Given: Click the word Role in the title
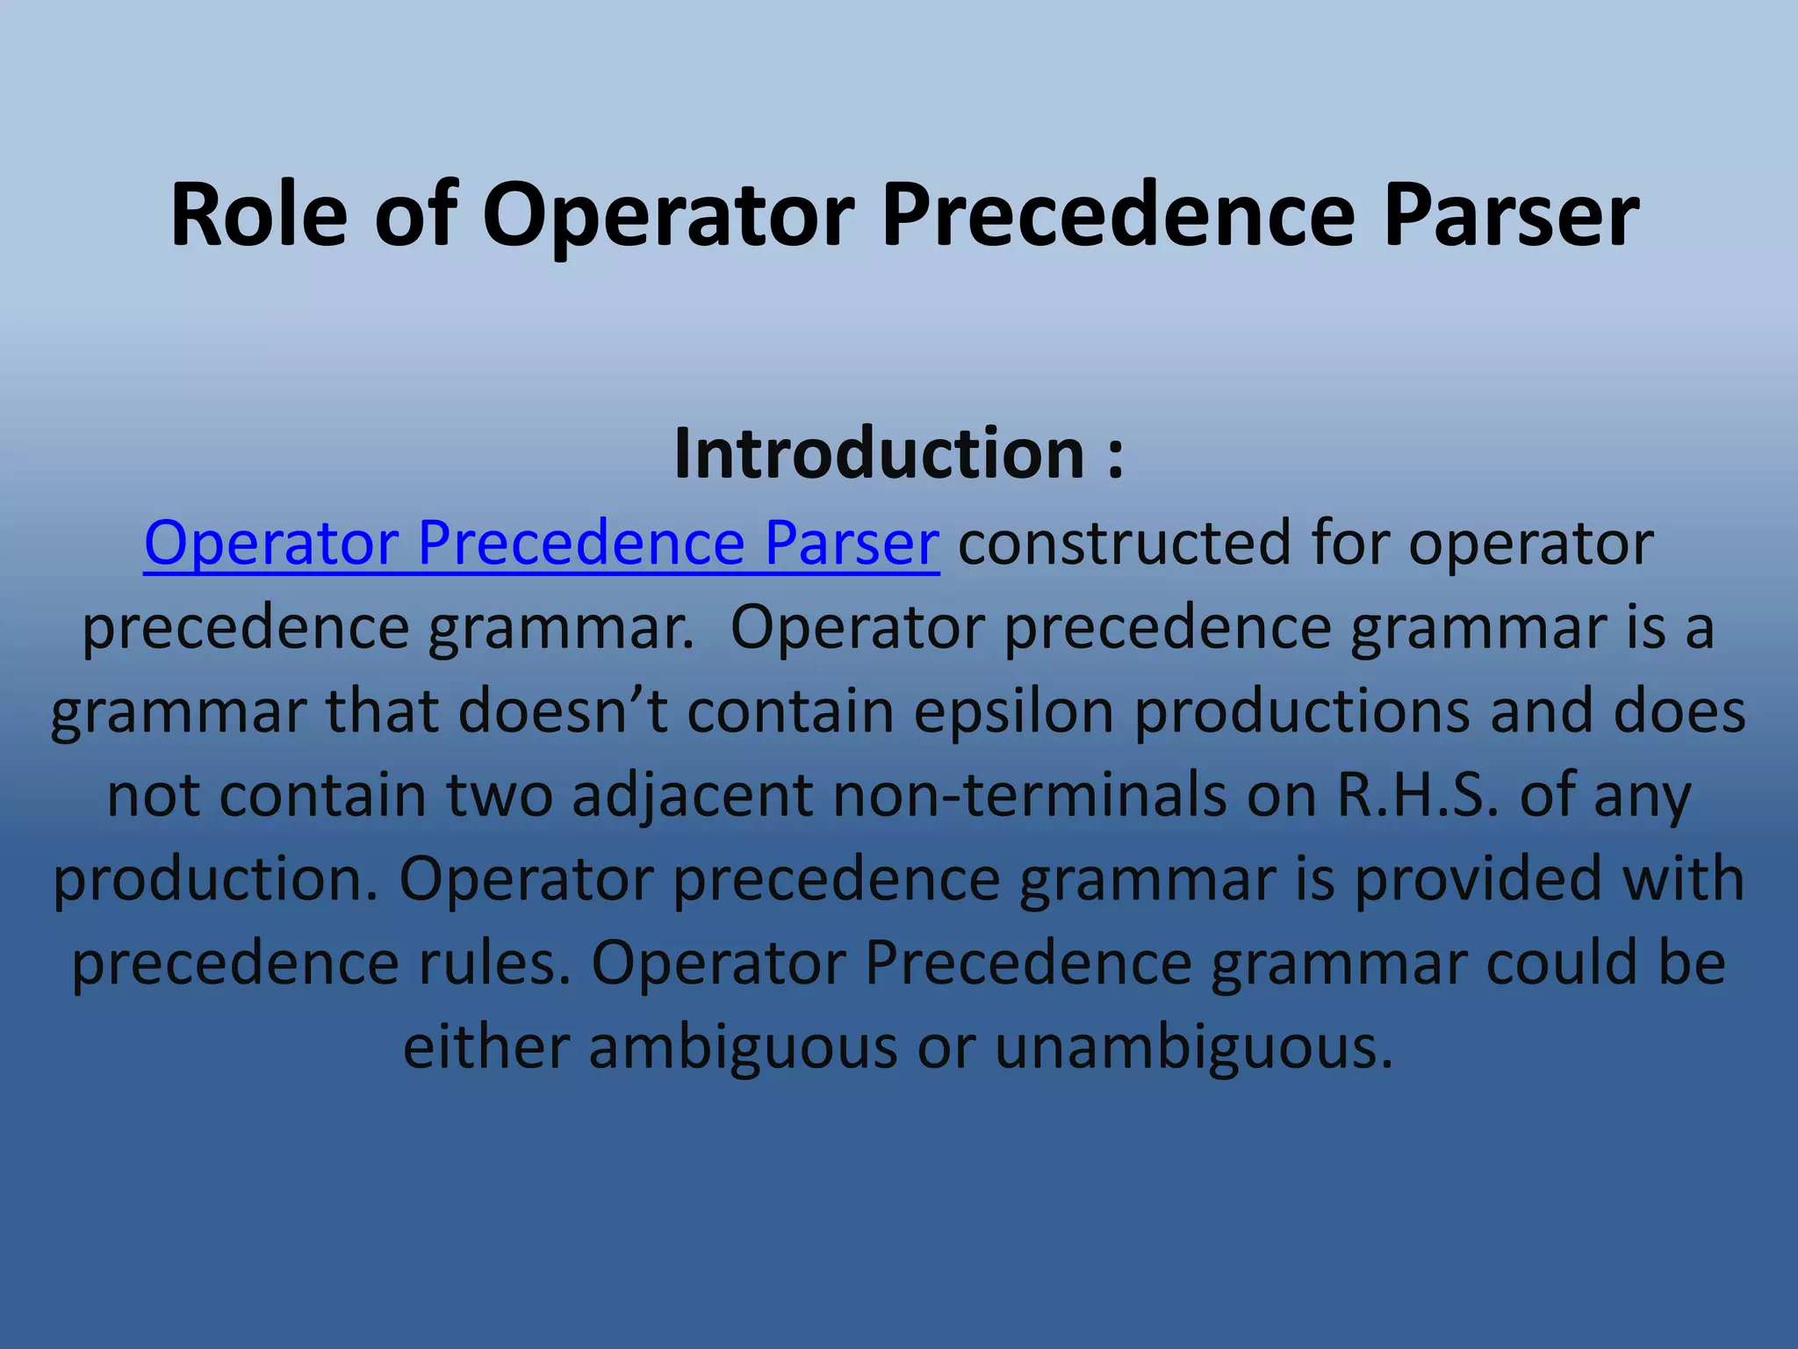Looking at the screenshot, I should click(x=259, y=215).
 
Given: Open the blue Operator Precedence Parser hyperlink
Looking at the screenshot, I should click(x=541, y=543).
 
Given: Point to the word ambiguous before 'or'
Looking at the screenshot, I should click(x=743, y=1048).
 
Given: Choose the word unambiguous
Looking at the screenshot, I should click(x=1194, y=1048).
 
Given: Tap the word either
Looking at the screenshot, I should click(x=486, y=1048).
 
